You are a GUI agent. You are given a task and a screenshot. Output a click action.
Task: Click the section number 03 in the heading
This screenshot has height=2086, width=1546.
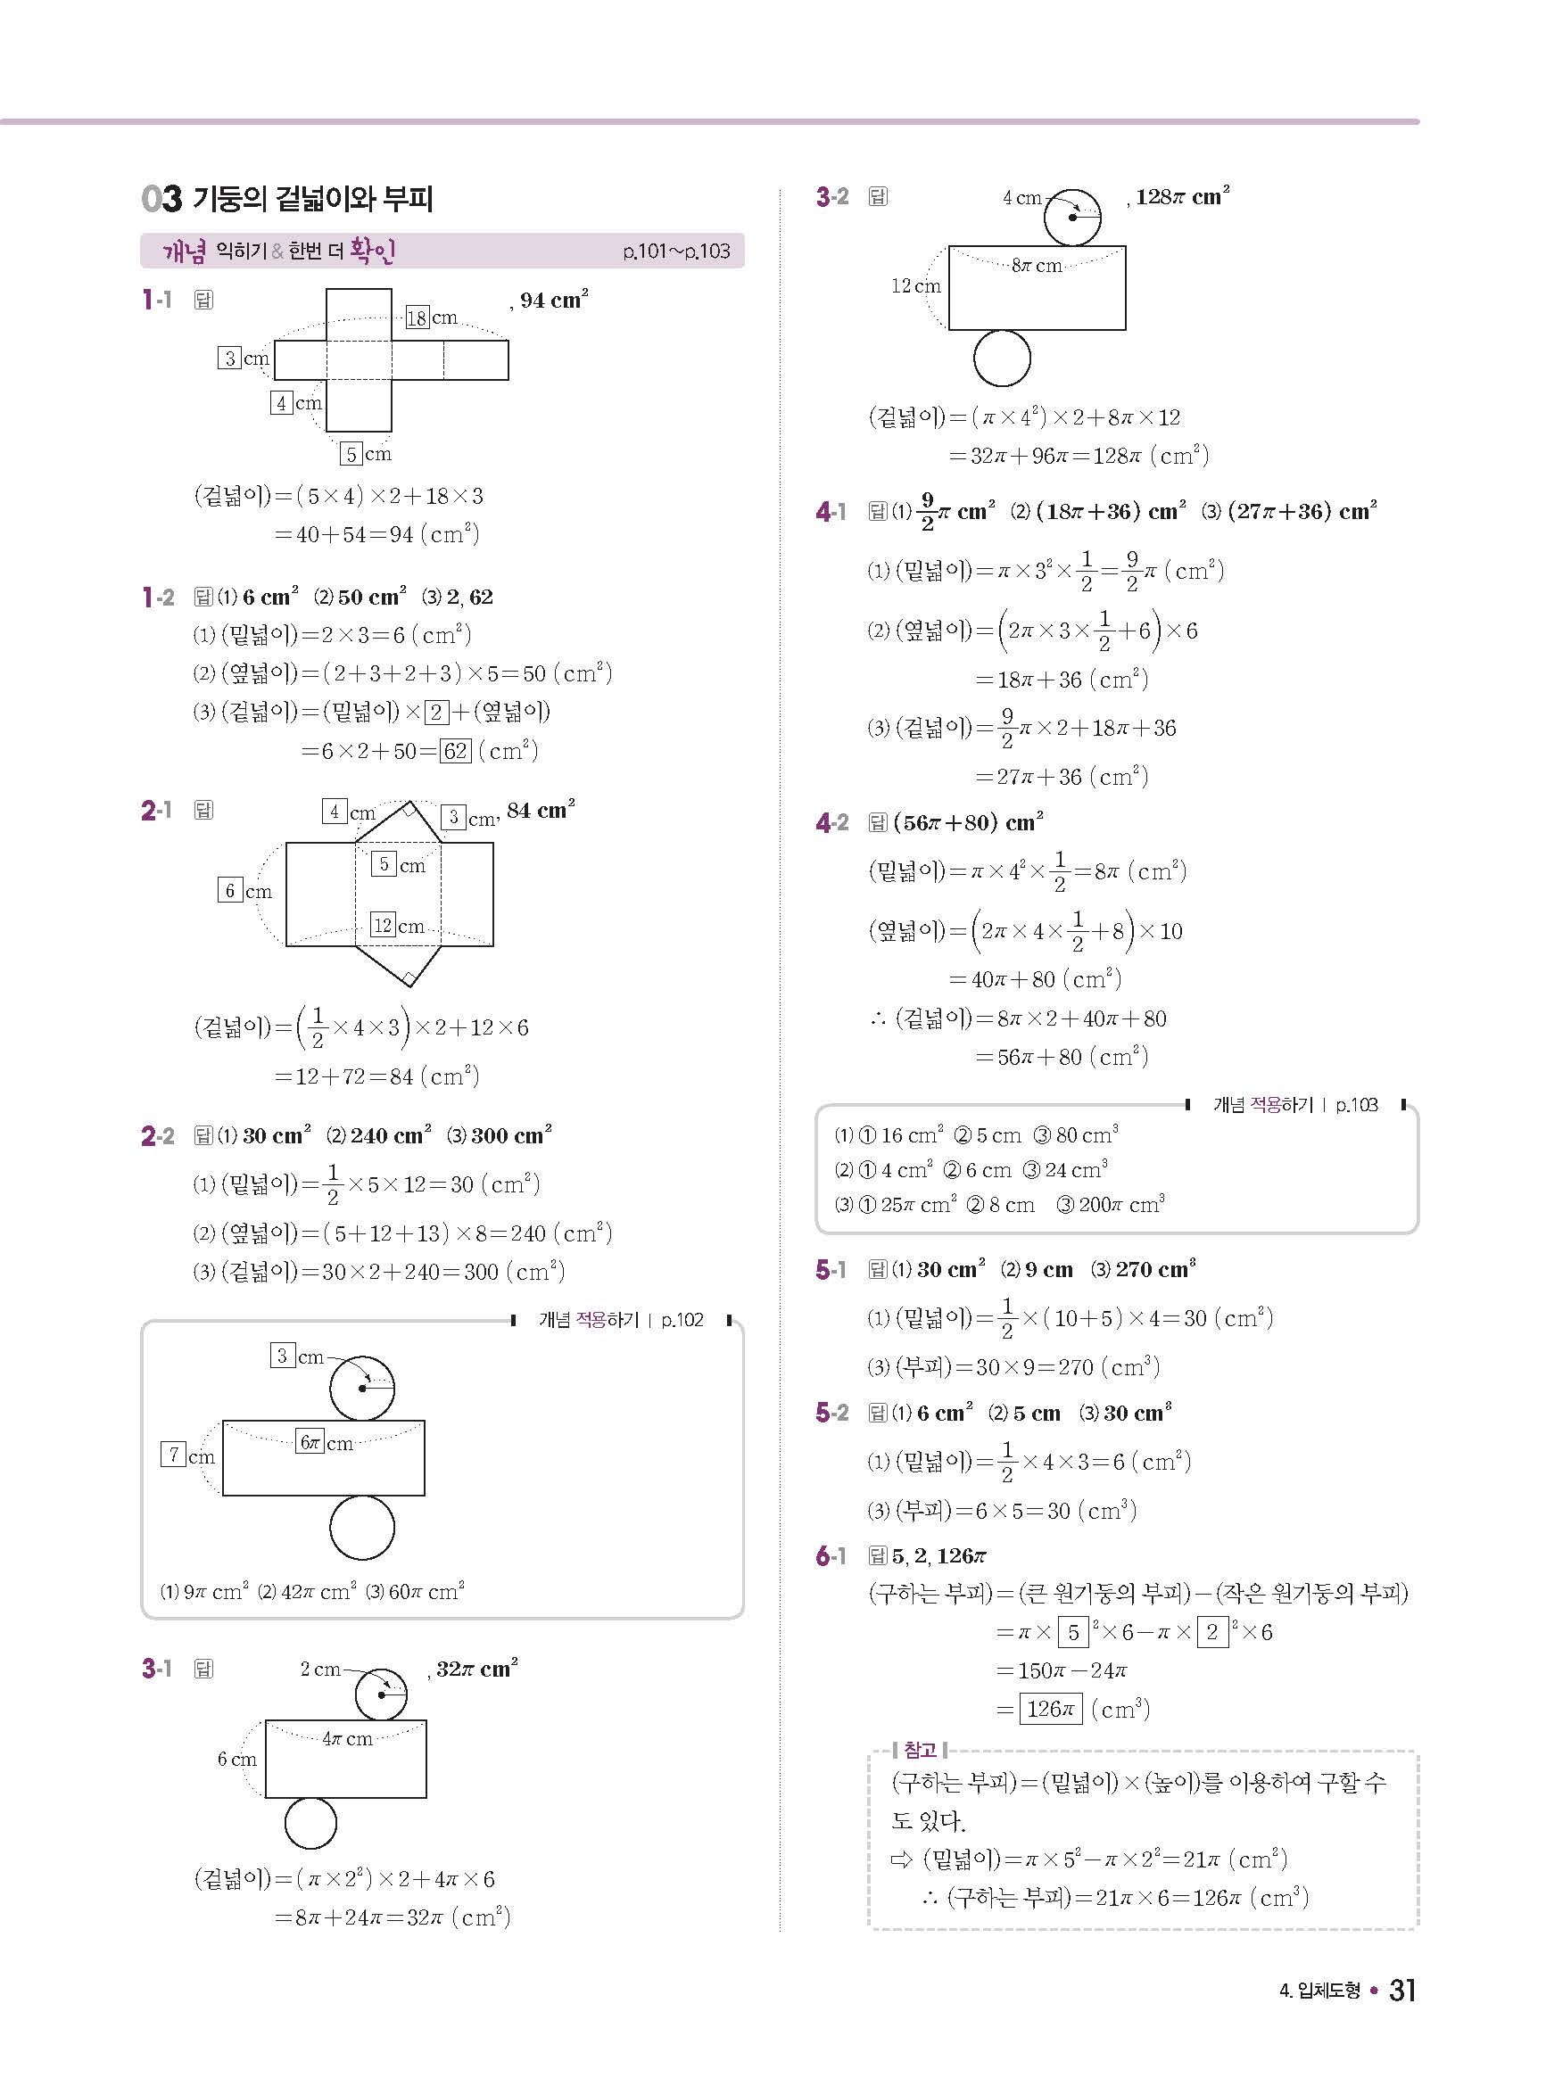[x=161, y=198]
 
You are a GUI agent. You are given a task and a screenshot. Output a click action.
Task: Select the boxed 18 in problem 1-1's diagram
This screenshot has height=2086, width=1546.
[x=418, y=318]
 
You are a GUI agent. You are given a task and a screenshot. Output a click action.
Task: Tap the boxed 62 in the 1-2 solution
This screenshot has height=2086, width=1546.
[x=456, y=751]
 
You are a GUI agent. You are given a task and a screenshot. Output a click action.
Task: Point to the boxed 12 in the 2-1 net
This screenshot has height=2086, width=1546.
[x=383, y=925]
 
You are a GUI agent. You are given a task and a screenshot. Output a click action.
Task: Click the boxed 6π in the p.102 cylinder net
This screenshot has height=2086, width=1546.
[x=310, y=1441]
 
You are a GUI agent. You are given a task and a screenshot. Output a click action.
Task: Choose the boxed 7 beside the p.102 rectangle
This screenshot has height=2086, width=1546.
[x=173, y=1455]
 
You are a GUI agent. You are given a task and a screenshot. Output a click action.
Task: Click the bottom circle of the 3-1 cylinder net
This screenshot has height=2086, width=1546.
[x=310, y=1822]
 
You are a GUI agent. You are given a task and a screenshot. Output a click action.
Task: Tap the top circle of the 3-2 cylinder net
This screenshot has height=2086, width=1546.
[x=1072, y=217]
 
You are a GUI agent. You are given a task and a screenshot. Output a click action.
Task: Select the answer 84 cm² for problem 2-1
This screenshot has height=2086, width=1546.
[x=541, y=810]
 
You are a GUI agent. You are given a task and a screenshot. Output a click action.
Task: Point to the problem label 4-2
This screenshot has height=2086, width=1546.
[x=832, y=823]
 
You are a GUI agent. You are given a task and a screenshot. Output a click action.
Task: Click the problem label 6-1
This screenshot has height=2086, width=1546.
[x=831, y=1555]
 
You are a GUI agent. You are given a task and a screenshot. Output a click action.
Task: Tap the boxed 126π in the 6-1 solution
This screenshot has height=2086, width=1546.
[x=1050, y=1709]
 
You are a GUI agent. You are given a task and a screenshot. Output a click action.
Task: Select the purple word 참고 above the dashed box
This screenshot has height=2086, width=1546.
[x=921, y=1749]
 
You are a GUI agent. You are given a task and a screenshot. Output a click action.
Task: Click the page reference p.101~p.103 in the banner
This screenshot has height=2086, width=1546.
[x=675, y=251]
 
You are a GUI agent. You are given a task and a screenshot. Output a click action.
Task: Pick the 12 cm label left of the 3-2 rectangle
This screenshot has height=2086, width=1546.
[x=915, y=286]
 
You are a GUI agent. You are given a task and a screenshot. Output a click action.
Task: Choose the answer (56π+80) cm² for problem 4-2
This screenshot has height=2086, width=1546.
[x=969, y=823]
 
